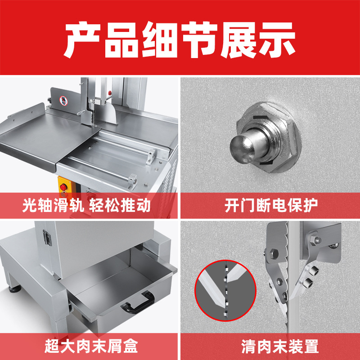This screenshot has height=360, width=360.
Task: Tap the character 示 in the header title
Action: click(277, 40)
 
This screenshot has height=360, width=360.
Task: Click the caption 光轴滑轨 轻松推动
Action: click(86, 205)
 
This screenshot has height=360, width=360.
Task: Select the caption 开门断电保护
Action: click(271, 205)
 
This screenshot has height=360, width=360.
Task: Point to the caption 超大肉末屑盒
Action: click(91, 346)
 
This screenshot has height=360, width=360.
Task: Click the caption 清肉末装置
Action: click(280, 346)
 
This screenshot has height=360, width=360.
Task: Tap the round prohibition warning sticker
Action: click(63, 100)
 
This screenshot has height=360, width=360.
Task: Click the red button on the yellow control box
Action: click(63, 187)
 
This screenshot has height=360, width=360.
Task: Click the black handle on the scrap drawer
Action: click(138, 302)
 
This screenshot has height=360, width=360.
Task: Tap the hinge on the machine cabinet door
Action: click(47, 238)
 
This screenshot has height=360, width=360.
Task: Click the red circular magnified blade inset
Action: click(225, 291)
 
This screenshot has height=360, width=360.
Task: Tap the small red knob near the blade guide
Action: click(110, 93)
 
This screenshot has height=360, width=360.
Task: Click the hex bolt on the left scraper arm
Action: click(274, 253)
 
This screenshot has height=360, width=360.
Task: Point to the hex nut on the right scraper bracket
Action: click(315, 240)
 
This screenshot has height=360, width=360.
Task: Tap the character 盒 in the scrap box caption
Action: click(130, 346)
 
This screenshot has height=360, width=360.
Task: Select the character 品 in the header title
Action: click(121, 40)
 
